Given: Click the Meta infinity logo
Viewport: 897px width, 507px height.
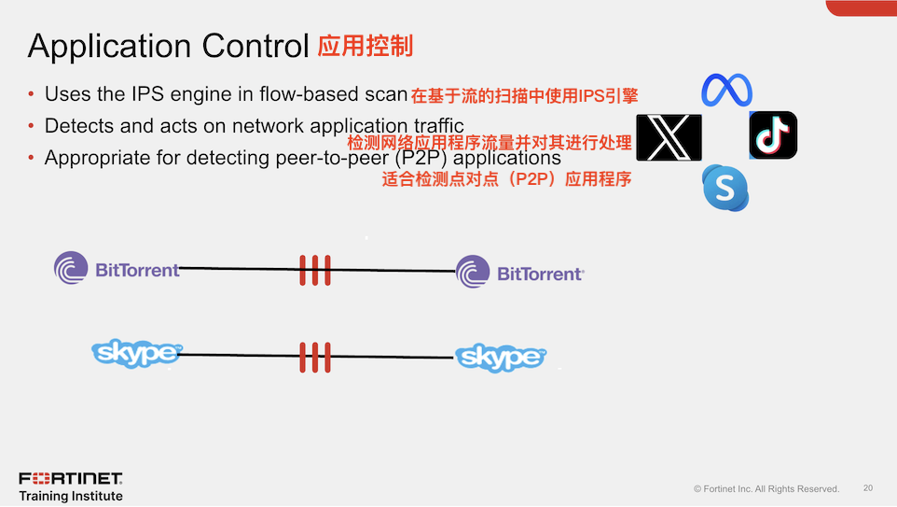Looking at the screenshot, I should [x=726, y=91].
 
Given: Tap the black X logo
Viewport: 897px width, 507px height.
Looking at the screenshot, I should [x=668, y=137].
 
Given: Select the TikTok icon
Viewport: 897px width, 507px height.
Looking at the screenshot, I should [x=773, y=135].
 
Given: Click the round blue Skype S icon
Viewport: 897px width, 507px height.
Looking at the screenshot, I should [x=725, y=188].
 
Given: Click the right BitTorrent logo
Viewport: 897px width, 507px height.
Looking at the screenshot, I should [x=519, y=273].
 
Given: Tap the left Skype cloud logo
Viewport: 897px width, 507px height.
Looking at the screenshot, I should [x=136, y=353].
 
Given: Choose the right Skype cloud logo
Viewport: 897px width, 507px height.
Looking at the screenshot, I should [x=500, y=358].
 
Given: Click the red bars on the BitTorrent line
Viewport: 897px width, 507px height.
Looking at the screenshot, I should [x=315, y=271].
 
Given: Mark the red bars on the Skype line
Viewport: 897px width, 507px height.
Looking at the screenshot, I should [x=315, y=356].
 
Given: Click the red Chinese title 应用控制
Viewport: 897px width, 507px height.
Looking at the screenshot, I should [x=365, y=46].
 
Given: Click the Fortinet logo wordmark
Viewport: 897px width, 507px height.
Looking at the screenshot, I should [x=71, y=478].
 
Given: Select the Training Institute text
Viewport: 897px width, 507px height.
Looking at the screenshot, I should [x=71, y=496].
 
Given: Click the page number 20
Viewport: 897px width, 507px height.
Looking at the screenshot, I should [x=868, y=488].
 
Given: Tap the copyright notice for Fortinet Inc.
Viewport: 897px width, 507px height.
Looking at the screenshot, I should [x=766, y=489].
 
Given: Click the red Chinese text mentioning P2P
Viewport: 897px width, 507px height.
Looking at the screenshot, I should [x=506, y=179].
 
